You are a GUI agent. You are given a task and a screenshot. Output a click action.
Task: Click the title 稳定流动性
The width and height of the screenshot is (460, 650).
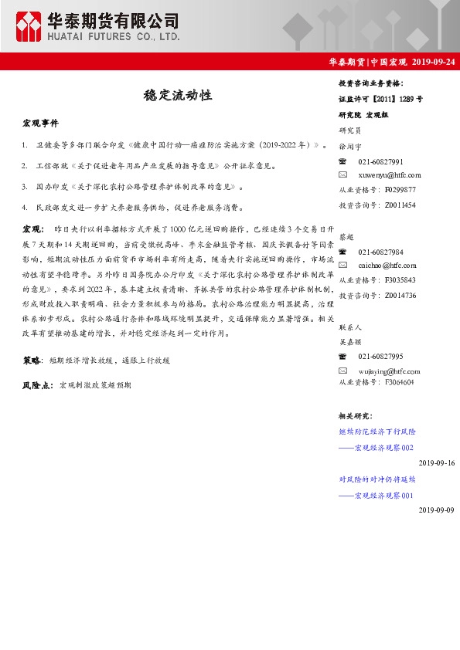click(178, 96)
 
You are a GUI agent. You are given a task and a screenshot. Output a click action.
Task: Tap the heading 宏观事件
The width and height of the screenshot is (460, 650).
click(39, 124)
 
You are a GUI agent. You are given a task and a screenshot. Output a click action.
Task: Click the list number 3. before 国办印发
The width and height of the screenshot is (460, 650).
click(26, 187)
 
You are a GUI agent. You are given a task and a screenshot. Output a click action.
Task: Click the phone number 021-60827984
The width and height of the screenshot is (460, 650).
click(380, 252)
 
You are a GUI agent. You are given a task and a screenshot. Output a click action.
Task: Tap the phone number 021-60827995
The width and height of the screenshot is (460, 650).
click(380, 356)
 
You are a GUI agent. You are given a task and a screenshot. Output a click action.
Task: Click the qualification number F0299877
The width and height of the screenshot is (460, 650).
click(400, 189)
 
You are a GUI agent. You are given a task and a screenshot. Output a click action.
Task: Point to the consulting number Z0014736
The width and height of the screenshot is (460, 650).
click(400, 295)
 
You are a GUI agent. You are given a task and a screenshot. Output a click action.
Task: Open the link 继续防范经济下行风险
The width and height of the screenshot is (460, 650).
click(377, 432)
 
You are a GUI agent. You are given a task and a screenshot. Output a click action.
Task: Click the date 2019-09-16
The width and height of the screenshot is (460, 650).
click(437, 462)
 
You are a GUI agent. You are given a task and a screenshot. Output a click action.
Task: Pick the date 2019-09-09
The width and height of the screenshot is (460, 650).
click(437, 510)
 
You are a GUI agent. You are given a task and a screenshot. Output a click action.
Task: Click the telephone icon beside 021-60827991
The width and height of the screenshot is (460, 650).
click(343, 161)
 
